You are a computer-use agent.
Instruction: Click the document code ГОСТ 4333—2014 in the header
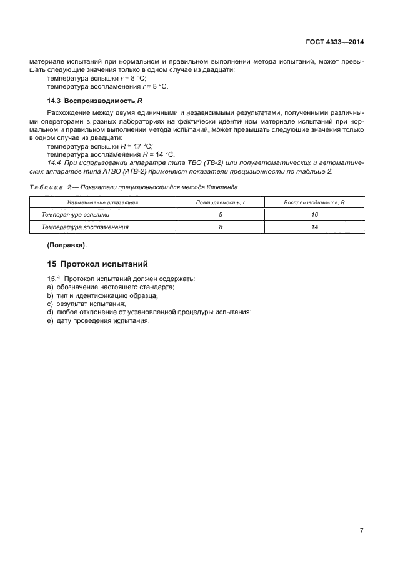tap(334, 42)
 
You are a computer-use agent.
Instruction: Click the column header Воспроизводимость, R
tap(314, 203)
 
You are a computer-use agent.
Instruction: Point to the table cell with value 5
tap(221, 215)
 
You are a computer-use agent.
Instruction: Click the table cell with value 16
tap(314, 215)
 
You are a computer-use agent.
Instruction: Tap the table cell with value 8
tap(221, 227)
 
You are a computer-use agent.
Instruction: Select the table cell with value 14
tap(314, 227)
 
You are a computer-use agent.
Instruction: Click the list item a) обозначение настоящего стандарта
tap(111, 286)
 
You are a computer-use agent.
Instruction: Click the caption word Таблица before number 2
tap(46, 187)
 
